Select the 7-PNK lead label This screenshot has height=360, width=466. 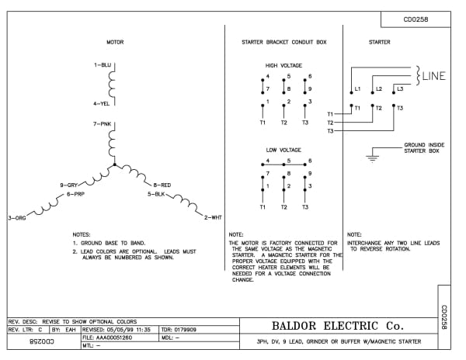coord(103,123)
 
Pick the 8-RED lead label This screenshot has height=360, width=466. coord(162,185)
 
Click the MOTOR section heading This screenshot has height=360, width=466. coord(115,42)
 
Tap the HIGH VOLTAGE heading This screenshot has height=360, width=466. coord(283,66)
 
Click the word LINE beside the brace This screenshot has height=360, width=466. coord(434,75)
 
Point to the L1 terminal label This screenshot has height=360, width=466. coord(357,89)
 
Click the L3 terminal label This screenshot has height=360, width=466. coord(400,89)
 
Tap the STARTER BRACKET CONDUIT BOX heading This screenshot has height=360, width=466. coord(283,42)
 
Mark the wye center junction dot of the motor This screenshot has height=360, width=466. coord(114,165)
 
